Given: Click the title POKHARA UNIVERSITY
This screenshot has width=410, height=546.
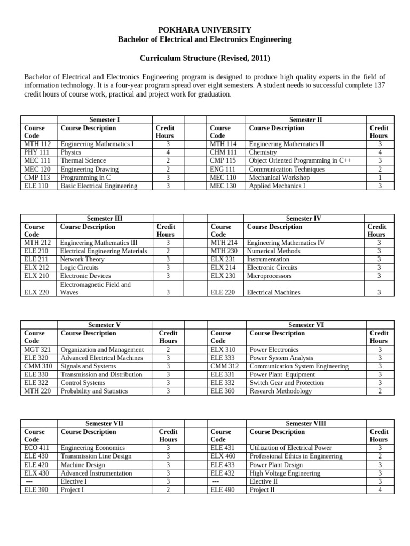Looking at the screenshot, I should [x=205, y=30].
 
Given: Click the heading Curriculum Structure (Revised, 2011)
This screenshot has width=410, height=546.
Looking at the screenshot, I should [x=205, y=58].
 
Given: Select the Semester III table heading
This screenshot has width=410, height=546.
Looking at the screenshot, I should [x=104, y=219].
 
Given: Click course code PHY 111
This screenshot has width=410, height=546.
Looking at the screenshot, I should [x=36, y=152].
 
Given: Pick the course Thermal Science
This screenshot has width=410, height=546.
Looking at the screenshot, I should [x=83, y=160].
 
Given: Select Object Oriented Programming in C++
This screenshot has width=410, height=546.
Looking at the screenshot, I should [x=299, y=160].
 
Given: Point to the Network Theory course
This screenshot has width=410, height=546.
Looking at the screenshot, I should [x=82, y=259].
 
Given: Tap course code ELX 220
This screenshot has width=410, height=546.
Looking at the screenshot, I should [x=37, y=292].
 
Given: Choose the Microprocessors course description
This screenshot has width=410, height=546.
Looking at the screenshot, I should [x=269, y=276].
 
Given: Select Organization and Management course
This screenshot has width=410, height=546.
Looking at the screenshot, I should [x=102, y=350].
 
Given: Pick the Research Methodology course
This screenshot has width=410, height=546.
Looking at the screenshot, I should [x=281, y=391].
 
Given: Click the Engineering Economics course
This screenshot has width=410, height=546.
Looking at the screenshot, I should [x=93, y=448].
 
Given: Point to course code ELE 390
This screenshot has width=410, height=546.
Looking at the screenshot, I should [x=36, y=489].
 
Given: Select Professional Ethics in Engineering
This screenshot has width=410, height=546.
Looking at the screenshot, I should [x=296, y=456].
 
